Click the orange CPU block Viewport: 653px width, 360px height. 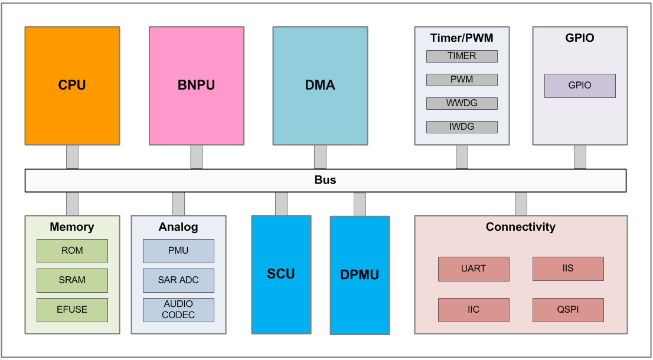pos(72,86)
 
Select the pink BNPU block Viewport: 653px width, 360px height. pos(196,86)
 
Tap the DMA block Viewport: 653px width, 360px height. pos(320,86)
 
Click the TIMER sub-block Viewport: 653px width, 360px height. pos(462,56)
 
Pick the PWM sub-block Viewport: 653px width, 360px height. pos(462,80)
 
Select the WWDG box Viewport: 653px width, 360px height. pos(462,103)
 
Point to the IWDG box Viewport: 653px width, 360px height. pos(462,127)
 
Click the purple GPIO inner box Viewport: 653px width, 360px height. pos(580,86)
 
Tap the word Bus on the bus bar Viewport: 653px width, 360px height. pos(325,180)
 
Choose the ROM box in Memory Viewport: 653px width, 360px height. pos(72,251)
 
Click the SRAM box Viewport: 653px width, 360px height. pos(72,280)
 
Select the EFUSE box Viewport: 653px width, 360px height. pos(72,310)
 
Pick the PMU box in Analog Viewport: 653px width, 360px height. pos(178,251)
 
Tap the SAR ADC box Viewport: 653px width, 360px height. pos(178,280)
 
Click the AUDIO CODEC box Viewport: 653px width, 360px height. pos(178,310)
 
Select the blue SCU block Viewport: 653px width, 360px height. pos(281,274)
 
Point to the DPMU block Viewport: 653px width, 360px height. pos(360,275)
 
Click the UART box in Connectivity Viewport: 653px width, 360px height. pos(474,269)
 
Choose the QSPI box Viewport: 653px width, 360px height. pos(568,310)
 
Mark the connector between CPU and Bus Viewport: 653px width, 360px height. pos(72,157)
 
